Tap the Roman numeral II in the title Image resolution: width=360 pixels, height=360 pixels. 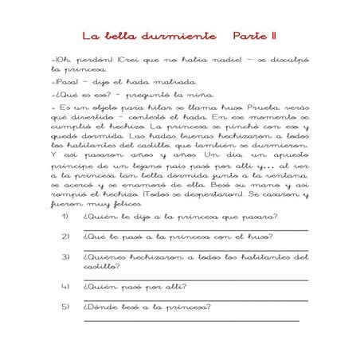(x=272, y=37)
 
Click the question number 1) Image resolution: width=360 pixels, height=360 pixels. (x=65, y=217)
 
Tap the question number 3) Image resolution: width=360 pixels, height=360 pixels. (x=65, y=257)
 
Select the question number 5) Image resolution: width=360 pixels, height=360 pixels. (x=65, y=307)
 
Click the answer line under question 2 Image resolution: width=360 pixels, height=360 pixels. (x=195, y=249)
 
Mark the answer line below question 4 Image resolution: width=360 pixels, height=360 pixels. (x=195, y=299)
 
